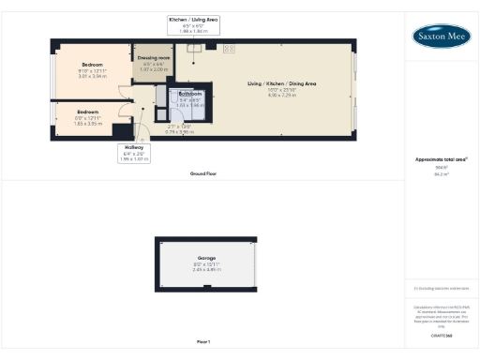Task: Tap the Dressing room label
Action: pyautogui.click(x=153, y=58)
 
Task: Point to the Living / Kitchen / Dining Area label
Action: pyautogui.click(x=281, y=84)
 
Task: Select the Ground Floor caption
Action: pyautogui.click(x=202, y=174)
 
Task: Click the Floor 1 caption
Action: pyautogui.click(x=202, y=341)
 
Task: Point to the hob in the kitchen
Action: pyautogui.click(x=229, y=48)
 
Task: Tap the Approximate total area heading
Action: pyautogui.click(x=442, y=159)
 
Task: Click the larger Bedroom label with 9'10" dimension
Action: pyautogui.click(x=92, y=65)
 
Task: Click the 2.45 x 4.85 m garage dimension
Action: pyautogui.click(x=205, y=270)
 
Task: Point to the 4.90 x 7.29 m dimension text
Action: pyautogui.click(x=281, y=96)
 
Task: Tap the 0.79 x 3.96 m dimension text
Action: pyautogui.click(x=179, y=131)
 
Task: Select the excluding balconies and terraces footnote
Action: pyautogui.click(x=442, y=288)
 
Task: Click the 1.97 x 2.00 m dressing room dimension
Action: pyautogui.click(x=153, y=69)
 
